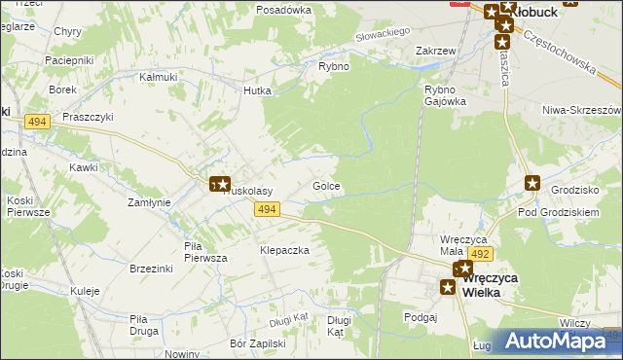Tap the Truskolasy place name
point(249,192)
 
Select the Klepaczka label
point(284,250)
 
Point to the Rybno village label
point(334,66)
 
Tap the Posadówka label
point(283,10)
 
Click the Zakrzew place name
point(436,51)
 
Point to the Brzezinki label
point(150,269)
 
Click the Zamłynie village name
point(150,202)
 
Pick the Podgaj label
point(421,316)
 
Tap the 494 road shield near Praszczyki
point(38,122)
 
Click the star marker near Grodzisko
point(532,182)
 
